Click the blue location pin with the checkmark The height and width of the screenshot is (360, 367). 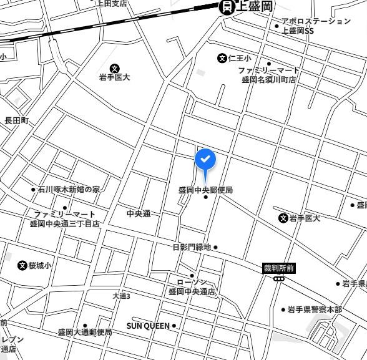tap(206, 160)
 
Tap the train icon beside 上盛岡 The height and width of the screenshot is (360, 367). tap(227, 7)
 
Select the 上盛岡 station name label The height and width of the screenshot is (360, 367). tap(255, 7)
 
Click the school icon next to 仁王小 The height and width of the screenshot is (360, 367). tap(222, 58)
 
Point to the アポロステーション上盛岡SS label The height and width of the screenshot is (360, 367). tap(315, 26)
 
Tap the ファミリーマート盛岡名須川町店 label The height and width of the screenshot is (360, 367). tap(270, 75)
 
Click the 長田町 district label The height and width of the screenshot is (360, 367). tap(17, 120)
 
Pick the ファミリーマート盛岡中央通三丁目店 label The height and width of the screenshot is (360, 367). tap(65, 218)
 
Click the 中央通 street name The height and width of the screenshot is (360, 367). tap(139, 213)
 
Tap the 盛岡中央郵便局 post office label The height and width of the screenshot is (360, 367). tap(205, 190)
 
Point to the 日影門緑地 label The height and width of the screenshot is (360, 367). tap(192, 247)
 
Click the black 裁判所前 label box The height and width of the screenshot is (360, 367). tap(278, 268)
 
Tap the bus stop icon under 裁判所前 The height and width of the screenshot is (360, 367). tap(278, 279)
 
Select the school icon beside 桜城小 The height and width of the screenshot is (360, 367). tap(23, 265)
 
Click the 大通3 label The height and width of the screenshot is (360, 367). tap(122, 296)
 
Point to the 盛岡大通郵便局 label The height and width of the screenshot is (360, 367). tap(85, 333)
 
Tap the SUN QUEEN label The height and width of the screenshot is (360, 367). tap(148, 326)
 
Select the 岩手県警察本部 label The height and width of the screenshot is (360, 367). tap(315, 309)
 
